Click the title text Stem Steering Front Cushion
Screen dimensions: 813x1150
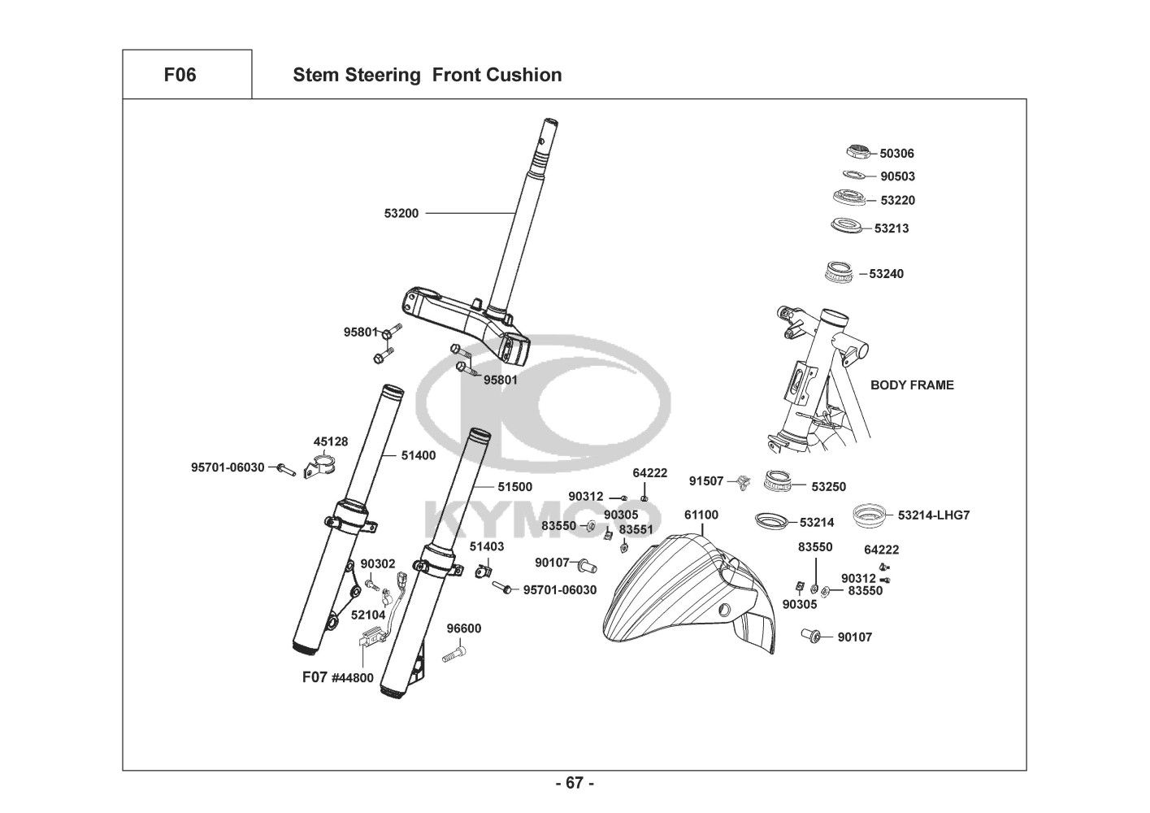click(x=427, y=75)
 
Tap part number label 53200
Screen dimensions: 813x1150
click(x=401, y=214)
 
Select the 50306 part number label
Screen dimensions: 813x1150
click(x=897, y=154)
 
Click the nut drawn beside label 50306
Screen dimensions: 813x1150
click(x=857, y=150)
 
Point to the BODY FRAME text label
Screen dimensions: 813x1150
click(x=912, y=385)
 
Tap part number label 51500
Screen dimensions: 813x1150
click(x=514, y=487)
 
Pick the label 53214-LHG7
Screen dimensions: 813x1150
click(x=934, y=515)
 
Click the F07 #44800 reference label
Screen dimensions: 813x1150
click(x=337, y=677)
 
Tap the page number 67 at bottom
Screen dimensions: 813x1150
click(x=575, y=784)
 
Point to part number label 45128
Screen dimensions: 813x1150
click(x=331, y=442)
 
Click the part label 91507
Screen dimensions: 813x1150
click(x=705, y=481)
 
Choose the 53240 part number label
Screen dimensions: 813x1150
click(x=886, y=274)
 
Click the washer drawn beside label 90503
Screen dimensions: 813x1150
click(x=855, y=174)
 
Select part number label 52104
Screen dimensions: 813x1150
click(x=367, y=615)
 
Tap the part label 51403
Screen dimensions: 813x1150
click(x=486, y=547)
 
